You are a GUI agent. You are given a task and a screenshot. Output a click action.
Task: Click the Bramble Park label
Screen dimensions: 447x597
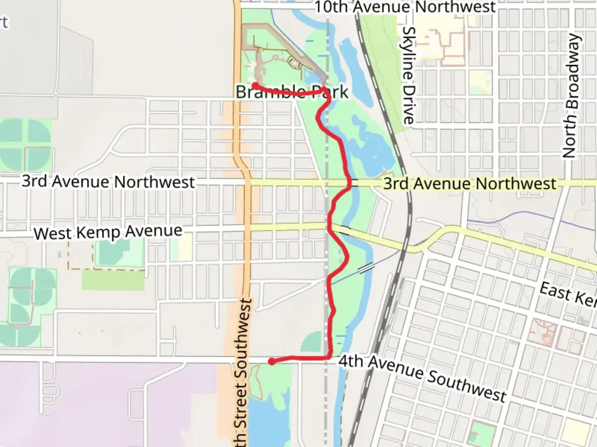click(x=292, y=91)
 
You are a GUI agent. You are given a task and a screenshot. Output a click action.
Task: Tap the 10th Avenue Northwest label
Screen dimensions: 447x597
click(x=405, y=7)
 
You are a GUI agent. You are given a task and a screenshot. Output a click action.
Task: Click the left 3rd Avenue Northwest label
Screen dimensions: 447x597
click(x=108, y=182)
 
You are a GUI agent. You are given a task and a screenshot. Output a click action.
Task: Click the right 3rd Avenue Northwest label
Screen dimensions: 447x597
click(x=469, y=183)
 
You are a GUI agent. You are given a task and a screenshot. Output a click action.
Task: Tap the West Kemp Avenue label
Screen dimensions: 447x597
click(x=108, y=232)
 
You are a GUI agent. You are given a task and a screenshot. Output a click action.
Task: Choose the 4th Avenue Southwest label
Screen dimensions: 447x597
click(x=422, y=378)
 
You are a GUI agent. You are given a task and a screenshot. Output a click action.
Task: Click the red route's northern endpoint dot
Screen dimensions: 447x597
click(x=255, y=85)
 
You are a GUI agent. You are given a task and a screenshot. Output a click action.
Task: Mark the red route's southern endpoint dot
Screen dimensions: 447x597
click(x=272, y=362)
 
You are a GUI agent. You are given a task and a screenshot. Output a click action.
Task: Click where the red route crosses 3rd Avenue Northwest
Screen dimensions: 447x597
click(x=351, y=183)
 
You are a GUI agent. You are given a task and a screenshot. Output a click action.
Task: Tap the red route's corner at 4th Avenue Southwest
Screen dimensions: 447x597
click(x=330, y=356)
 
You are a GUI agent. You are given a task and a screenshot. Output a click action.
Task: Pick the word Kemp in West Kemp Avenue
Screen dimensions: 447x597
click(x=99, y=232)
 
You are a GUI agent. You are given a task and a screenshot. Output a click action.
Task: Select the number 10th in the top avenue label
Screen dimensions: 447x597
click(x=331, y=7)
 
